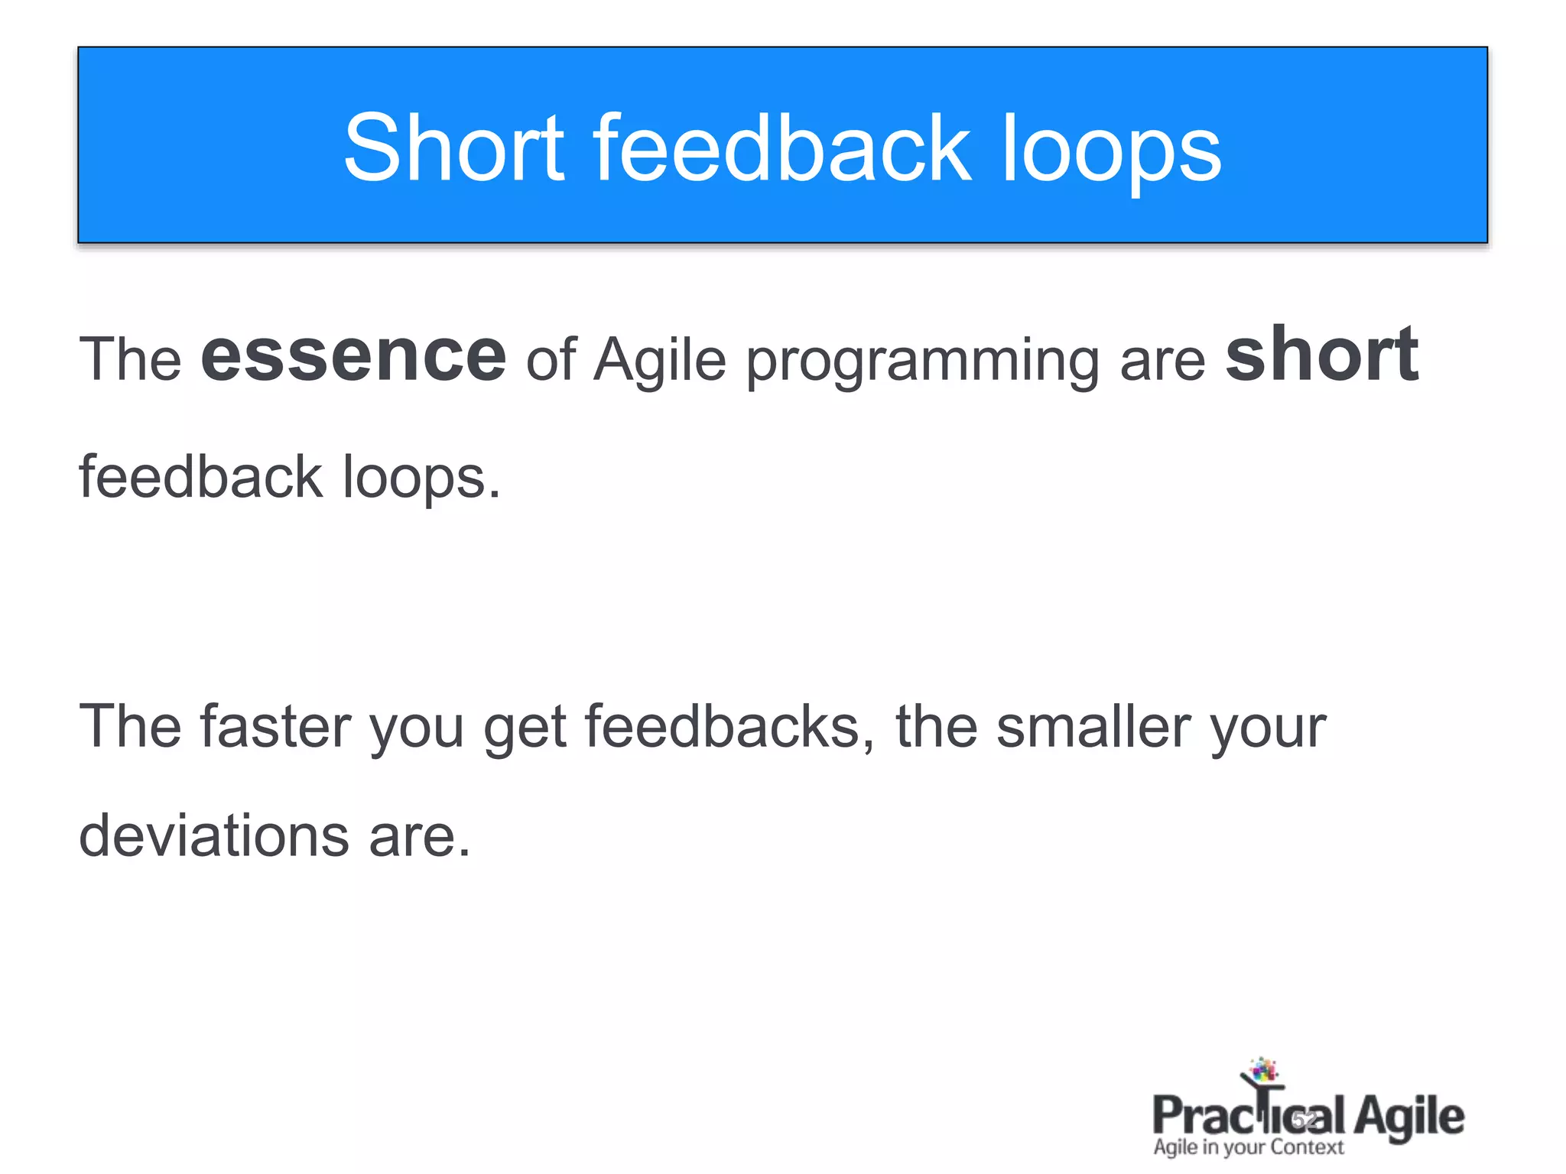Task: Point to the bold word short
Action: pyautogui.click(x=1321, y=355)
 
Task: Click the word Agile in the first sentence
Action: pyautogui.click(x=659, y=361)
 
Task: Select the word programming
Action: pyautogui.click(x=923, y=363)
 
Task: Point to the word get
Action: pyautogui.click(x=525, y=730)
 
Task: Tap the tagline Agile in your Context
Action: pyautogui.click(x=1248, y=1147)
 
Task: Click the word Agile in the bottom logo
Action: pyautogui.click(x=1408, y=1117)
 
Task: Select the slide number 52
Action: pyautogui.click(x=1305, y=1120)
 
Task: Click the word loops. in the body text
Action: pyautogui.click(x=421, y=478)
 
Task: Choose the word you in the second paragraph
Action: pyautogui.click(x=417, y=730)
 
